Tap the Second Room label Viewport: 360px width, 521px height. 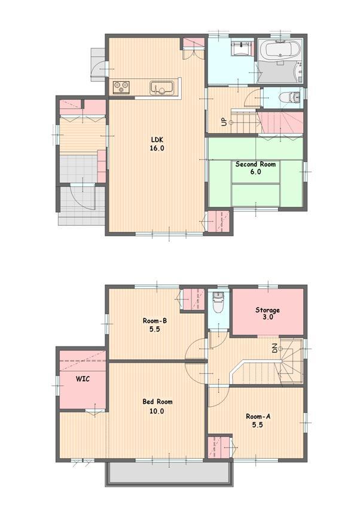pyautogui.click(x=255, y=164)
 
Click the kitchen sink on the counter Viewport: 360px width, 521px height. pyautogui.click(x=161, y=88)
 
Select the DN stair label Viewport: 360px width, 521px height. pyautogui.click(x=275, y=348)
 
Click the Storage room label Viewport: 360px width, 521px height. pyautogui.click(x=267, y=310)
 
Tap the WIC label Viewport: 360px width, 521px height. pyautogui.click(x=82, y=379)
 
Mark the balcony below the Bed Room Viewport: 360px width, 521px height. pyautogui.click(x=168, y=474)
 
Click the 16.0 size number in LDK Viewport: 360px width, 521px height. pyautogui.click(x=157, y=148)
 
